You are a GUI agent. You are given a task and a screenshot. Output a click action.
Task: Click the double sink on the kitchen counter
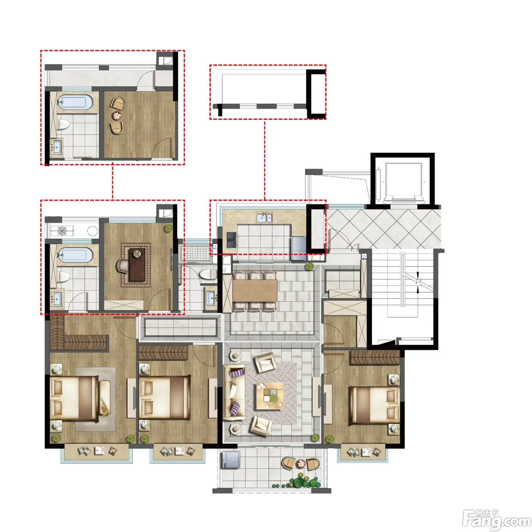pos(264,217)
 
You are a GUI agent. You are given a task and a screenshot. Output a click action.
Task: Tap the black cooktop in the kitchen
pos(231,240)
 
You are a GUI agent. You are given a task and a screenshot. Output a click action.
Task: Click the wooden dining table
pos(255,290)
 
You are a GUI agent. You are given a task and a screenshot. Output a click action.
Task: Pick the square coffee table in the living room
pos(270,396)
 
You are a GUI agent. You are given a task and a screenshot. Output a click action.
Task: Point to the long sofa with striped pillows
pos(234,393)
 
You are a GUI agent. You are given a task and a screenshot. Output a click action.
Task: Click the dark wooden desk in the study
pos(137,265)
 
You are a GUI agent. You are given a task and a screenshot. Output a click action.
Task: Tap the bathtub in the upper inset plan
pos(75,103)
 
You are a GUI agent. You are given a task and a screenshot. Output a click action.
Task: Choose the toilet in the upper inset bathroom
pos(64,125)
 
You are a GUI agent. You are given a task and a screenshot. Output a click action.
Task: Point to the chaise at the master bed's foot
pos(105,398)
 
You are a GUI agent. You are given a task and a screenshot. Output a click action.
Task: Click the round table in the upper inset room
pos(117,116)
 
